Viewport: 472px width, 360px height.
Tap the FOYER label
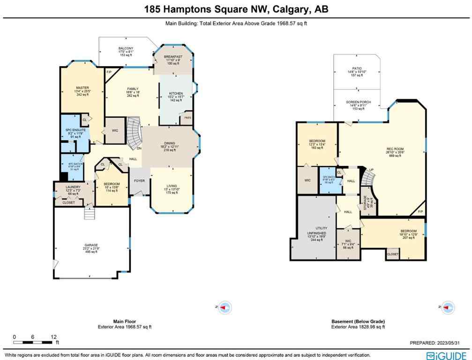click(140, 180)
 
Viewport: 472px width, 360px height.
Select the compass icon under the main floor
click(225, 307)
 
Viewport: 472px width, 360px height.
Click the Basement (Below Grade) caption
click(358, 322)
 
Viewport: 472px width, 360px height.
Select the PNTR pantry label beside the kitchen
click(187, 118)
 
